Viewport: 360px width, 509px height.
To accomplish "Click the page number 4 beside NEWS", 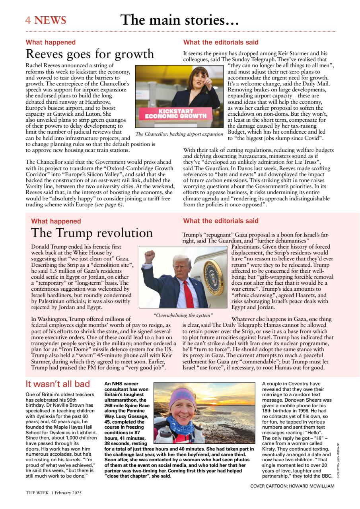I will [28, 21].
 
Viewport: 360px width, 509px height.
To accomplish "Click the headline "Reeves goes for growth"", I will [90, 54].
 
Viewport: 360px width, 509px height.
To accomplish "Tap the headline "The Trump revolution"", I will [91, 233].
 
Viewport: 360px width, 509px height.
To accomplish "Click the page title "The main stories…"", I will [179, 20].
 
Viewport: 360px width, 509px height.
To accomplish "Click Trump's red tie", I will [188, 293].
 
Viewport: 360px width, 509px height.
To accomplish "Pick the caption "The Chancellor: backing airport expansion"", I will [179, 134].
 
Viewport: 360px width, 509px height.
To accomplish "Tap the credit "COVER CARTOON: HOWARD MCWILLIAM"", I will [292, 486].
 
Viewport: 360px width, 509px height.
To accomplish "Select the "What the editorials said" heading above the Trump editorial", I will [221, 221].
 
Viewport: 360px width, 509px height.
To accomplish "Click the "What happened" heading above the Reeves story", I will [51, 42].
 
